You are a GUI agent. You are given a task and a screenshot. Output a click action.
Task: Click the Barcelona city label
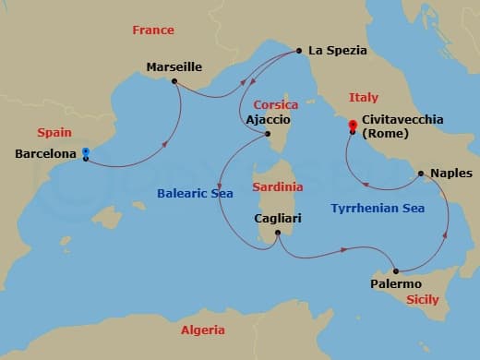[46, 154]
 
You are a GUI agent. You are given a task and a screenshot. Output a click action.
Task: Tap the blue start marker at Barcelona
[85, 152]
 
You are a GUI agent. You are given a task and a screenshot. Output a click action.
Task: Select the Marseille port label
[174, 66]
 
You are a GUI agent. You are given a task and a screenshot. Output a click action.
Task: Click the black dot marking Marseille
[174, 80]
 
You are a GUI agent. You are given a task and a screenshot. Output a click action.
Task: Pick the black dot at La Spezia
[299, 50]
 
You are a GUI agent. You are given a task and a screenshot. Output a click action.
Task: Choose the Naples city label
[451, 173]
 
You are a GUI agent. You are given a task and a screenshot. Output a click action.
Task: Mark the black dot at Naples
[421, 173]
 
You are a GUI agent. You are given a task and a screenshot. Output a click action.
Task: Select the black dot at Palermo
[396, 270]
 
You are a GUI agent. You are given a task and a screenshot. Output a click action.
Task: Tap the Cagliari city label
[278, 219]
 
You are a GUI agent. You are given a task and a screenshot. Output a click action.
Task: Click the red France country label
[152, 30]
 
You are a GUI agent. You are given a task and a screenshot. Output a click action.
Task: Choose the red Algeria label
[202, 330]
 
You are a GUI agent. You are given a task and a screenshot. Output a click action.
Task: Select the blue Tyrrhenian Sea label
[378, 209]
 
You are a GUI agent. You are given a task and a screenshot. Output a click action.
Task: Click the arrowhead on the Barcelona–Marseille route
[165, 143]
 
